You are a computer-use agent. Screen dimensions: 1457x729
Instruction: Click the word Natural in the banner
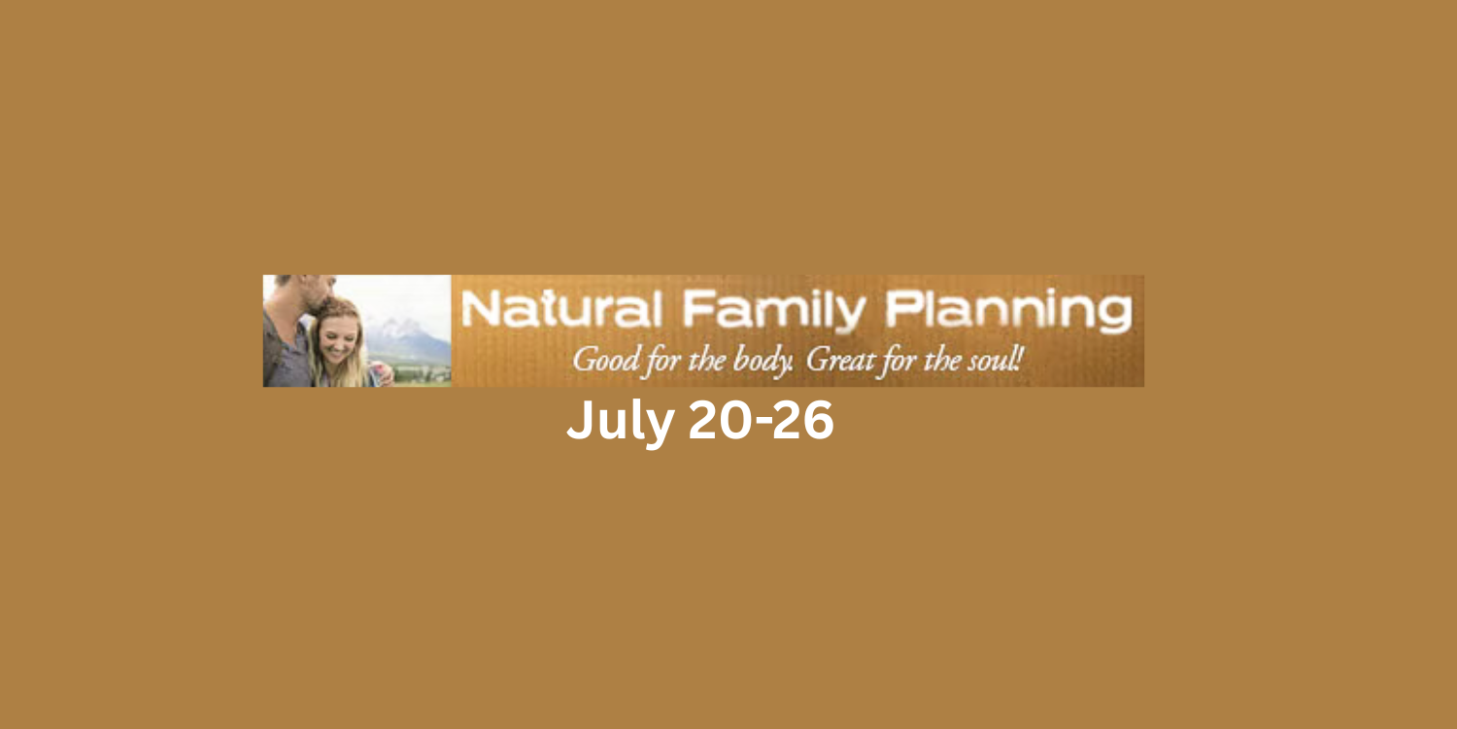click(x=561, y=308)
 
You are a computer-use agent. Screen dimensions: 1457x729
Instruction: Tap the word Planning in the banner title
click(x=1009, y=311)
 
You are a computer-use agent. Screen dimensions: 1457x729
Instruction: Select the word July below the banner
click(x=621, y=422)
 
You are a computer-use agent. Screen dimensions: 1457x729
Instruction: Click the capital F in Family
click(x=697, y=309)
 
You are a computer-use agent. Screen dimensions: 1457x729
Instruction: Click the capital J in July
click(x=579, y=421)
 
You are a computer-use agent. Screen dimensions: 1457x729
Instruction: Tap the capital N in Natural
click(x=478, y=309)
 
